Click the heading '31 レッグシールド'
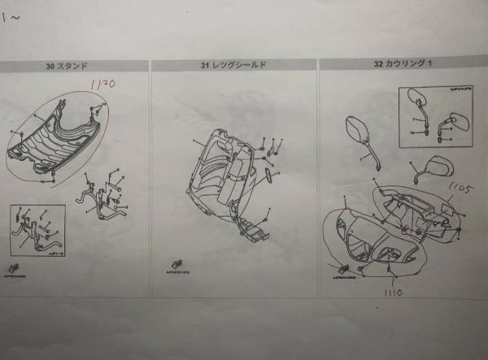(233, 65)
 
